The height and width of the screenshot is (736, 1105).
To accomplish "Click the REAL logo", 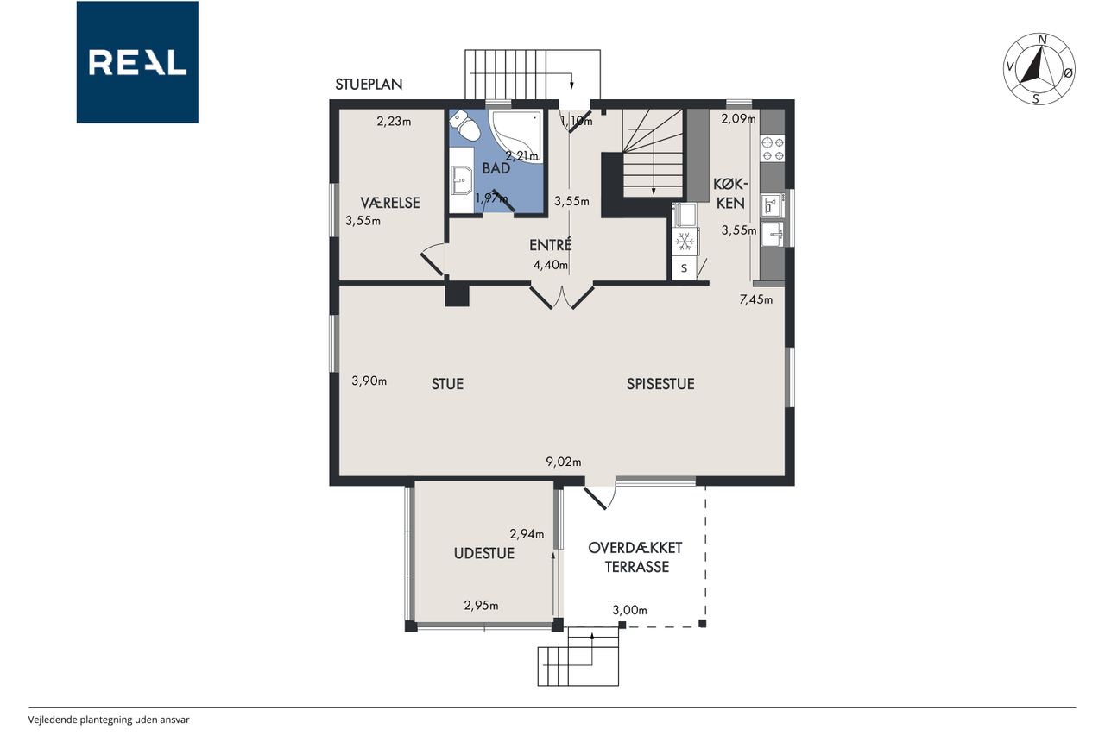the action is click(137, 62).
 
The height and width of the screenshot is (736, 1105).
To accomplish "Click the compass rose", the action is click(1039, 69).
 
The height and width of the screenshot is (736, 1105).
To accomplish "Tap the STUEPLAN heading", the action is click(369, 85).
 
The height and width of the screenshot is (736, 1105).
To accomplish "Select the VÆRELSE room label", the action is click(390, 203).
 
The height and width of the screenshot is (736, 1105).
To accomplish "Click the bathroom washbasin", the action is click(461, 180).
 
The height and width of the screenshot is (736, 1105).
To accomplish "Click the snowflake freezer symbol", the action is click(685, 242).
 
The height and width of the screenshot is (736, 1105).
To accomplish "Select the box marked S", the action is click(685, 268).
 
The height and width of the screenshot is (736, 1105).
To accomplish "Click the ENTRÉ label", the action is click(550, 245).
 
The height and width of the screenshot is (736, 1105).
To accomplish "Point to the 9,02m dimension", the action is click(564, 462).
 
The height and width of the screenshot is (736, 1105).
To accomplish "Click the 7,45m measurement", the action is click(755, 299).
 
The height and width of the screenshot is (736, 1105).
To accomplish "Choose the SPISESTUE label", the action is click(660, 384).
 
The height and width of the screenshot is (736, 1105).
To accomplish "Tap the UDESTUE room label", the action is click(484, 553).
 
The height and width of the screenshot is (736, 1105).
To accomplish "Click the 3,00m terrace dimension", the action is click(630, 610).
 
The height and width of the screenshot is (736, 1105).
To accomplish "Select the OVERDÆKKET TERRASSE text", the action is click(635, 557).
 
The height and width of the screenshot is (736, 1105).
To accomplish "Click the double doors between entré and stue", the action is click(562, 297).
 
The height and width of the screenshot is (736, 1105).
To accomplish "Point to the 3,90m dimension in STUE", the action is click(369, 381).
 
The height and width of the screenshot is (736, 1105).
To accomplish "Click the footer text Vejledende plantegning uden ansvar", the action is click(109, 720).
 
